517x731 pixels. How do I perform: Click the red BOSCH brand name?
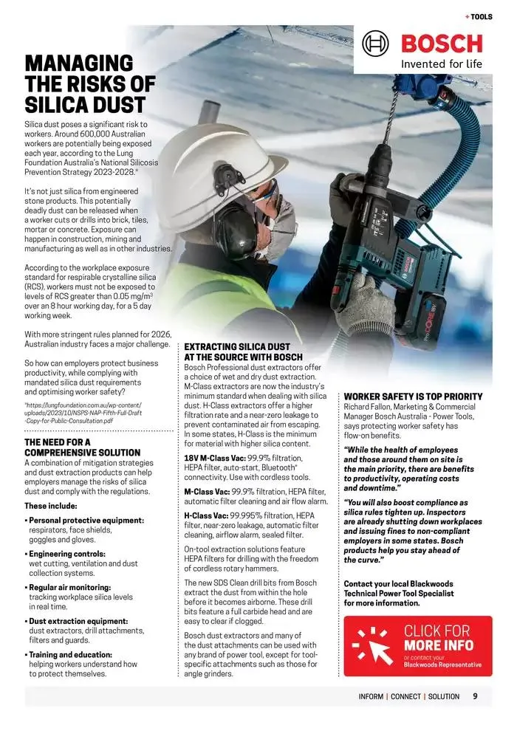(441, 44)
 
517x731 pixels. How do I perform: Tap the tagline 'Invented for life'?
(441, 64)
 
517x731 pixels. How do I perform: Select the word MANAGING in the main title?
(79, 64)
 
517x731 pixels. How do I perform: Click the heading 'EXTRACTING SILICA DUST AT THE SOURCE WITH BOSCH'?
(243, 351)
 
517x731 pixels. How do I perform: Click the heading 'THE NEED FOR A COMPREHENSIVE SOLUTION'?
(82, 447)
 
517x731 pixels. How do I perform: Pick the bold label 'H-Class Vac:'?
(205, 515)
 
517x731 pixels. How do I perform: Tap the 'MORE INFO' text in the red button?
(439, 645)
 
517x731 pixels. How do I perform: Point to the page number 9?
(476, 696)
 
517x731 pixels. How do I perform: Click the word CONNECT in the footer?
(405, 696)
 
